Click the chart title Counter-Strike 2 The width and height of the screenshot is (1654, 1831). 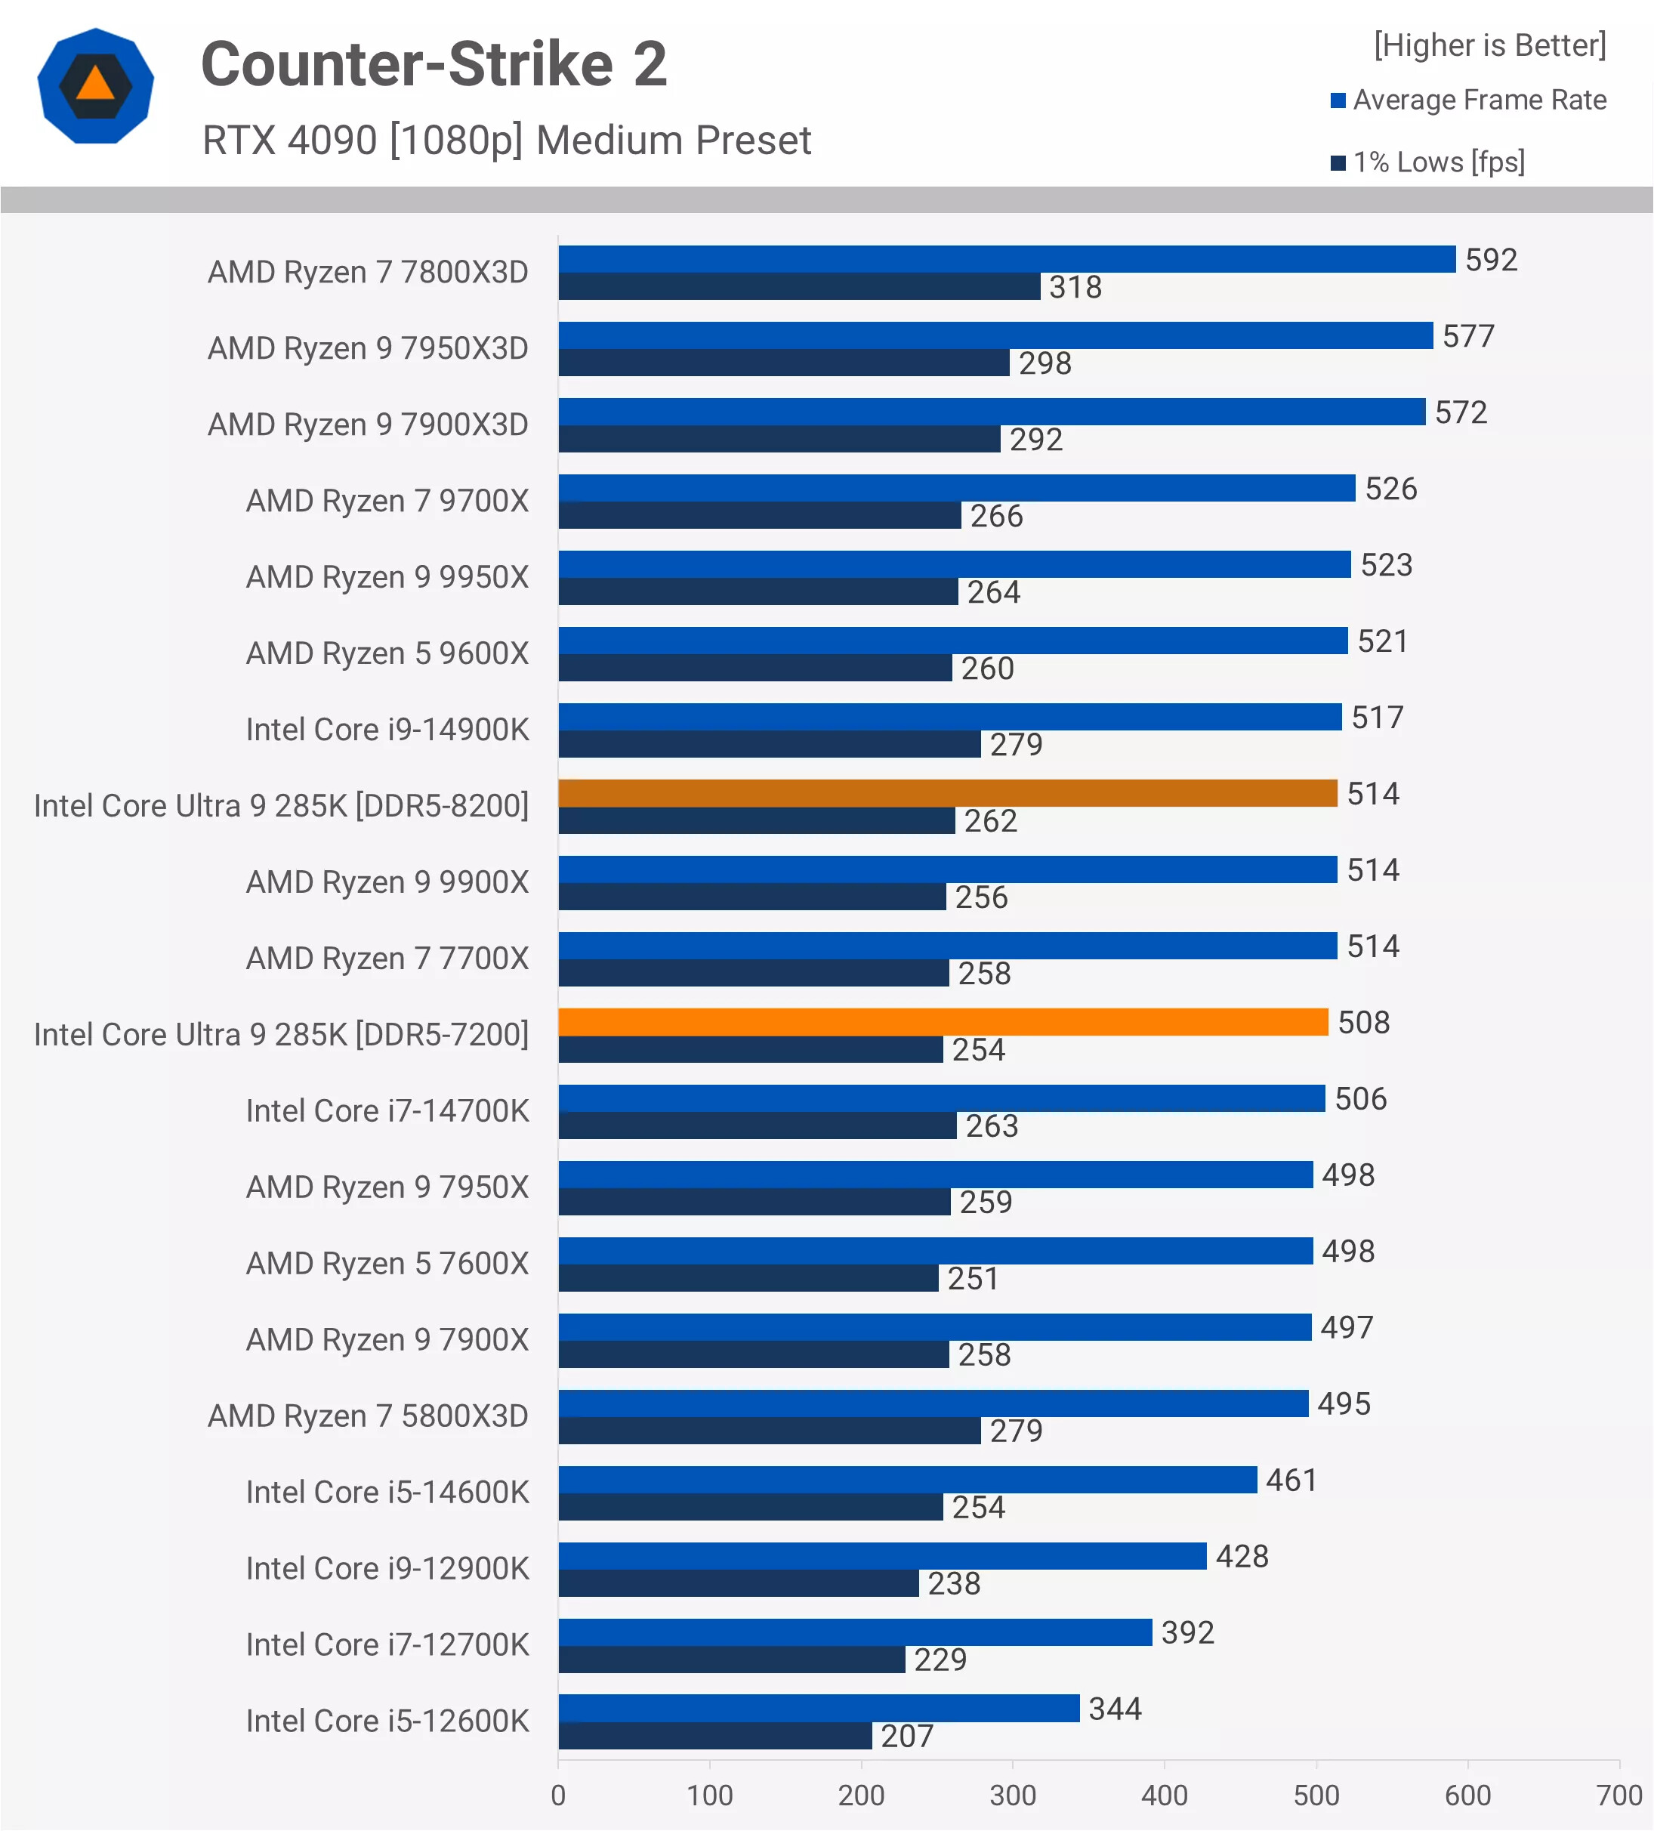point(434,64)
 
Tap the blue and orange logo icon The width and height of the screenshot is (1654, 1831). point(95,86)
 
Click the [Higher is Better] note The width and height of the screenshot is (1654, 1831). point(1489,45)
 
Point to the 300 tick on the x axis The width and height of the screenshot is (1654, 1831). point(1012,1795)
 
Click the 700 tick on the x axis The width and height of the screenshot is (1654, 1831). point(1619,1795)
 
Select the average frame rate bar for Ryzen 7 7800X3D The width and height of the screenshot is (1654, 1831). point(1007,259)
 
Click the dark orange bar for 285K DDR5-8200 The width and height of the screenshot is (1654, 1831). point(947,793)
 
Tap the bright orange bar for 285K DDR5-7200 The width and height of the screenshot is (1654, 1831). point(943,1022)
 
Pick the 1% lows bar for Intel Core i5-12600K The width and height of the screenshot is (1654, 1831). point(714,1736)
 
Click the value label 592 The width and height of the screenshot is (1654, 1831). point(1491,260)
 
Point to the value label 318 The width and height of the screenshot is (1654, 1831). point(1075,287)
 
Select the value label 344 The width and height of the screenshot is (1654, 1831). point(1115,1709)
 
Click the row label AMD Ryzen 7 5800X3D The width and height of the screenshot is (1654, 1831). point(368,1416)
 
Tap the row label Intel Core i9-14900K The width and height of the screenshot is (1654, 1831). point(387,730)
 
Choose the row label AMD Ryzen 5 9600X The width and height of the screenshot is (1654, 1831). point(387,653)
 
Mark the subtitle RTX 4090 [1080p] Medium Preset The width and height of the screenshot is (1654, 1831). point(506,140)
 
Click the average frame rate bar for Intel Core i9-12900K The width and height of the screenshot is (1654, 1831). point(882,1556)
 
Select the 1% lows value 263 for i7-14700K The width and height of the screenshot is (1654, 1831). point(991,1126)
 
